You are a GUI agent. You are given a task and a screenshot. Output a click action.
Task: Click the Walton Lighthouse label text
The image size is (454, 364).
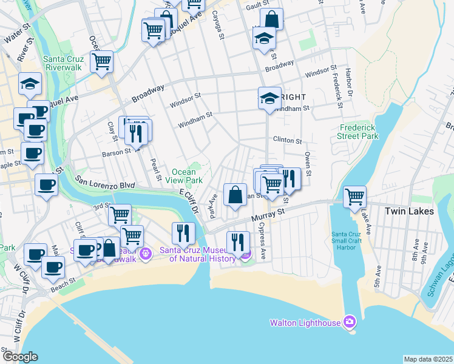pyautogui.click(x=305, y=323)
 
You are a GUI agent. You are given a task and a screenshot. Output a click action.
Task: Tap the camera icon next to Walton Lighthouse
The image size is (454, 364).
pyautogui.click(x=350, y=321)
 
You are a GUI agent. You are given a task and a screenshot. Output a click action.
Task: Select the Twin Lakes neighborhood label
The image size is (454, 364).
pyautogui.click(x=410, y=211)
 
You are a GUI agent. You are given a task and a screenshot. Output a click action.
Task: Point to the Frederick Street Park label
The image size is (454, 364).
pyautogui.click(x=358, y=132)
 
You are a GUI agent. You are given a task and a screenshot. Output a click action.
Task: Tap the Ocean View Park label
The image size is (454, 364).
pyautogui.click(x=186, y=176)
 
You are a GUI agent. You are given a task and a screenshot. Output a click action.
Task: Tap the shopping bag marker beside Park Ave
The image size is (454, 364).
pyautogui.click(x=235, y=195)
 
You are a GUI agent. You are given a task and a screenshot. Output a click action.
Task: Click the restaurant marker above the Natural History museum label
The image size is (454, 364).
pyautogui.click(x=183, y=233)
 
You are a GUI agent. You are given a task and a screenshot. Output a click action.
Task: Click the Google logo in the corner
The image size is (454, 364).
pyautogui.click(x=20, y=357)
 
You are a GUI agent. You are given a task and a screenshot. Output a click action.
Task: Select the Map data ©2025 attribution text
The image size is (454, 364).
pyautogui.click(x=428, y=359)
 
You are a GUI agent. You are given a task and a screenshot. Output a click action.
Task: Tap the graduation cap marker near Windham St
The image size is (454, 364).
pyautogui.click(x=269, y=98)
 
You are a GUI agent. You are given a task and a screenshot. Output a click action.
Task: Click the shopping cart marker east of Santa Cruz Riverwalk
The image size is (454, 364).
pyautogui.click(x=102, y=61)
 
